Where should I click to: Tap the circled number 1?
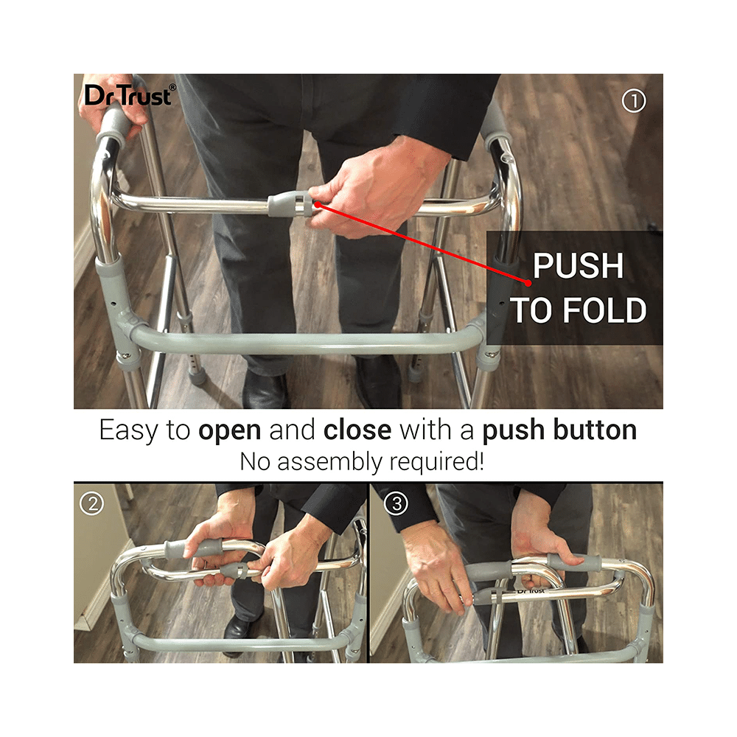point(634,100)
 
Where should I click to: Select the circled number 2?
point(92,503)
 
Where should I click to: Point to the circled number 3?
point(397,503)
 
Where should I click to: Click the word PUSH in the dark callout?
point(578,266)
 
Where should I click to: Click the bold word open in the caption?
point(229,430)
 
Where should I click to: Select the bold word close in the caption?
point(357,430)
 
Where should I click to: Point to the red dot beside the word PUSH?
point(528,283)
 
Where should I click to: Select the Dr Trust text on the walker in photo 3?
point(531,590)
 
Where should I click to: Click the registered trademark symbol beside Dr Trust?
point(172,87)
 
